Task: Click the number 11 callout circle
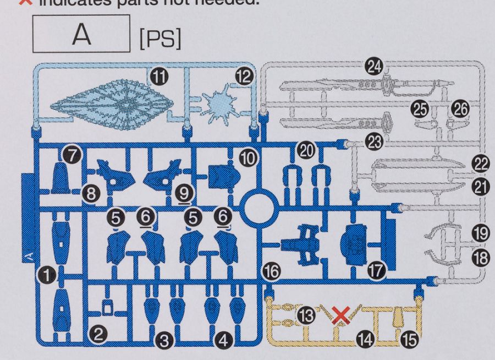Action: [x=160, y=77]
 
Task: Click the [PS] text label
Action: [x=160, y=40]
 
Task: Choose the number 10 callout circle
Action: [x=249, y=159]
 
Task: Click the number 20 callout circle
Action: [x=306, y=149]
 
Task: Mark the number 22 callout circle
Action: [x=481, y=163]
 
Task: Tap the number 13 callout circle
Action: [x=306, y=316]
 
